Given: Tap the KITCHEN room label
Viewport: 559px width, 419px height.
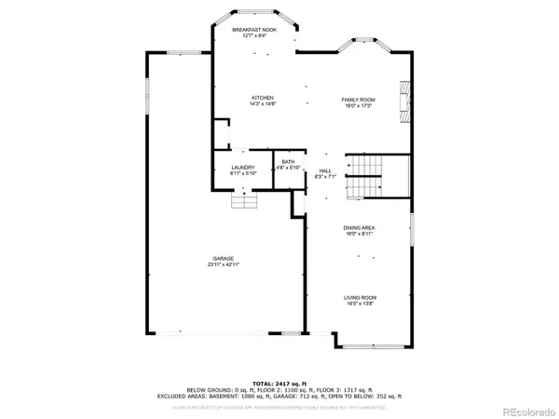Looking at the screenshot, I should point(261,98).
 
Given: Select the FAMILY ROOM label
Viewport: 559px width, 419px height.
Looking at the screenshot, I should point(358,99).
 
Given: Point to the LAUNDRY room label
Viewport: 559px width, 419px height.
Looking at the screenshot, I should point(244,168).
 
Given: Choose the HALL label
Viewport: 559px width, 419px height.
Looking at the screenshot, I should point(325,170).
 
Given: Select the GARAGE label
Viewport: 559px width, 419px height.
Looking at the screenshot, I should point(222,258).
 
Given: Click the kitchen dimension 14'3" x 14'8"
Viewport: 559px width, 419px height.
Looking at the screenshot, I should point(261,104).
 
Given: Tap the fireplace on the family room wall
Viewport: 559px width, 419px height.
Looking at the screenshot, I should point(404,100).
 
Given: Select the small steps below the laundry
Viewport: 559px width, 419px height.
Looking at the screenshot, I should point(244,202).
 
